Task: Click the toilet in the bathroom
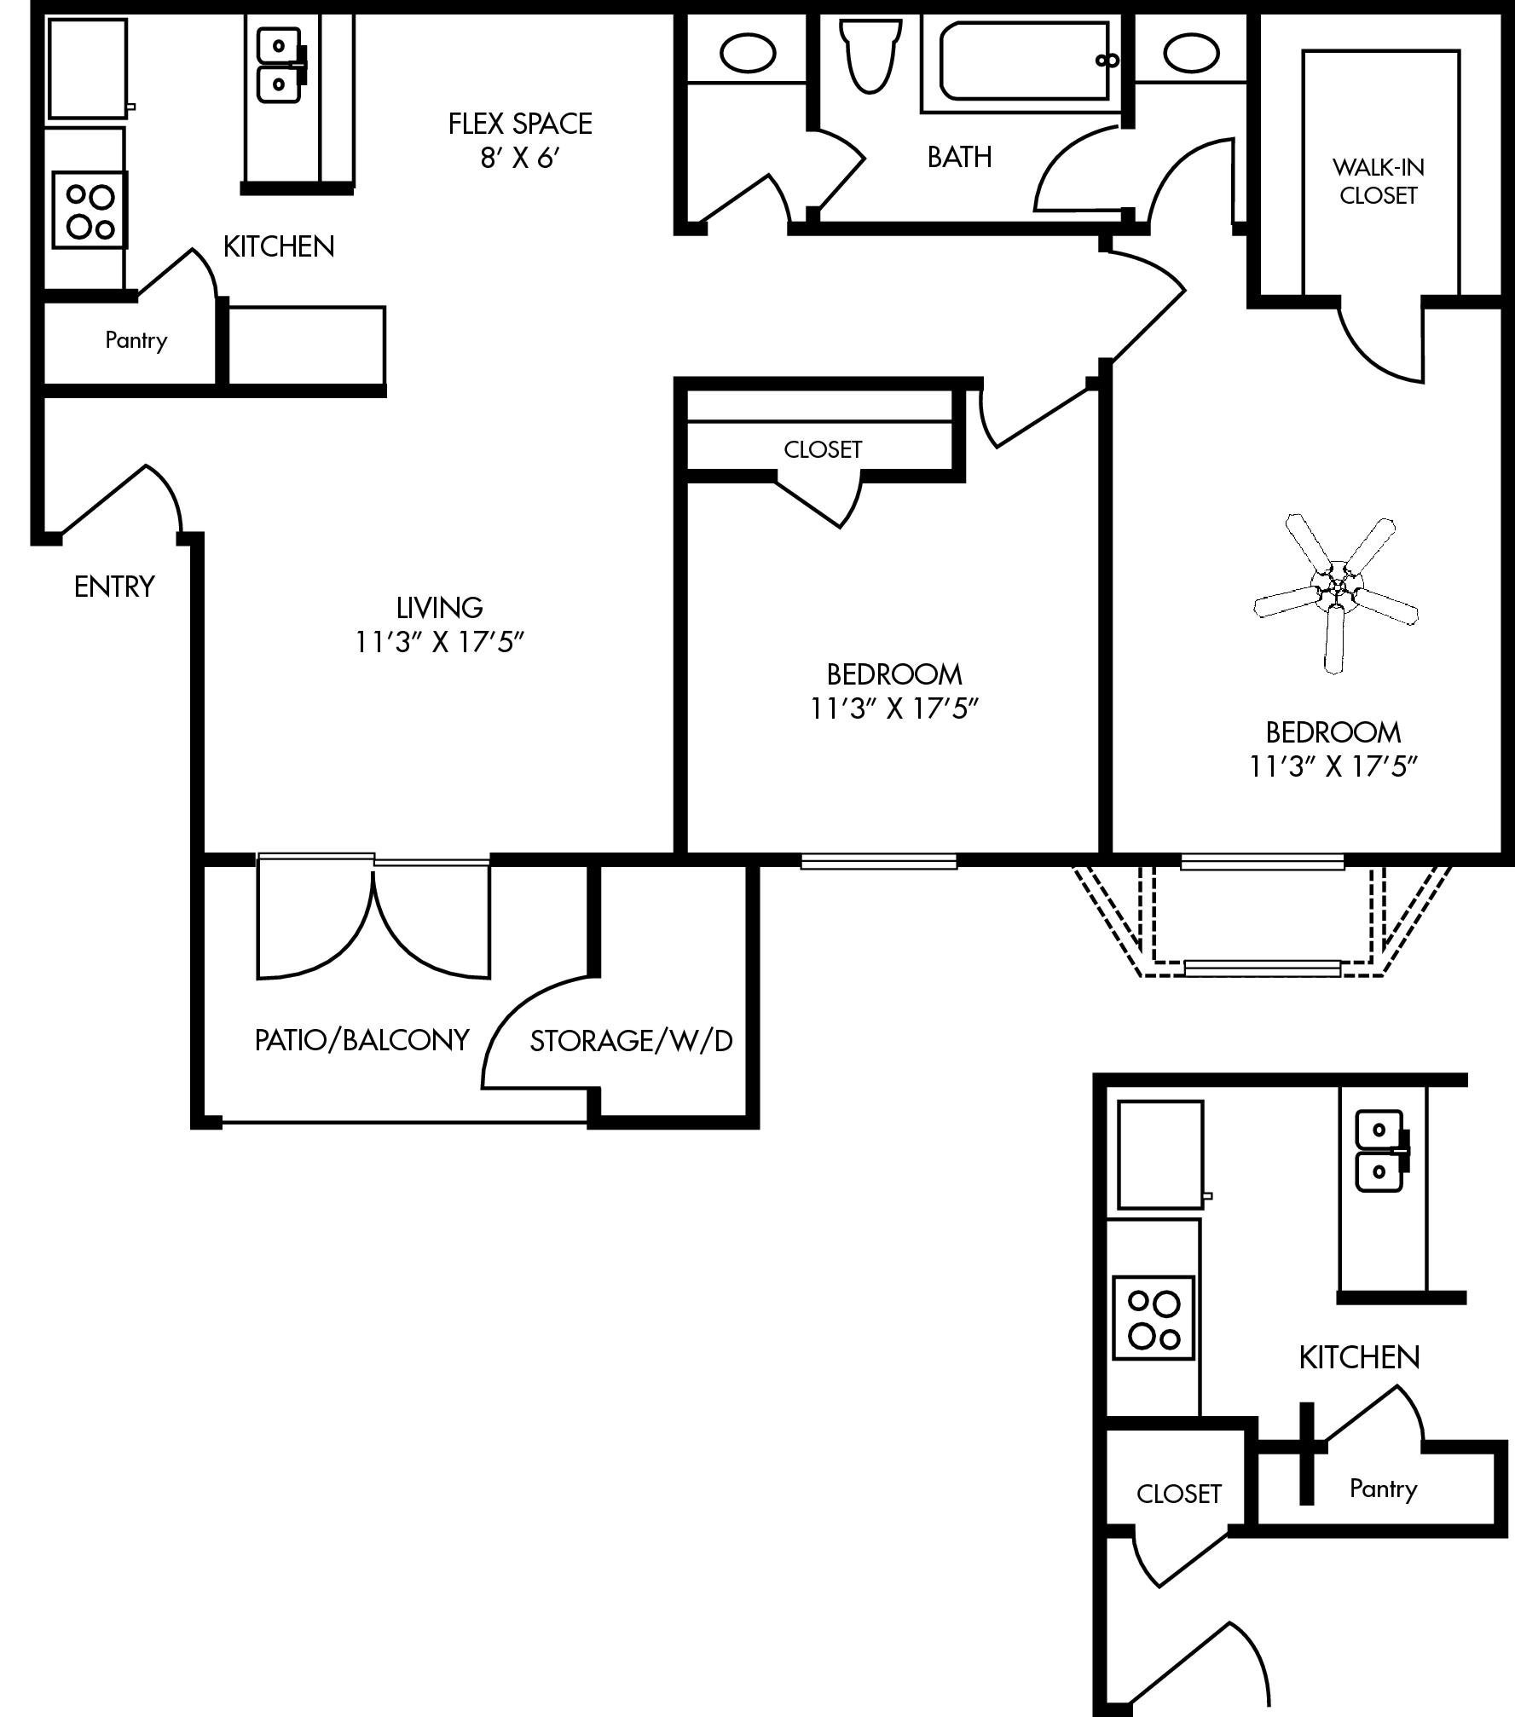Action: point(870,55)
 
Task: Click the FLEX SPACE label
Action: point(520,124)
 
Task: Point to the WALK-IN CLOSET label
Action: point(1378,182)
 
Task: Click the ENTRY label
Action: point(114,587)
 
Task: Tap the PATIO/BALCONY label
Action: point(362,1040)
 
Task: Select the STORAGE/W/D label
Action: point(632,1041)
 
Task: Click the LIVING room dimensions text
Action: point(439,642)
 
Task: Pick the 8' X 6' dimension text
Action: point(520,159)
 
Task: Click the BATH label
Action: point(959,157)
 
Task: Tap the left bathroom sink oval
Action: point(748,53)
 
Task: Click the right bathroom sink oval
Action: point(1191,53)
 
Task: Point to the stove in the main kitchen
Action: point(90,210)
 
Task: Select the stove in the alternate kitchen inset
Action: point(1153,1318)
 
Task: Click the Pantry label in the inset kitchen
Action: point(1383,1489)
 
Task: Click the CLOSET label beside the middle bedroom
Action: point(823,449)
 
